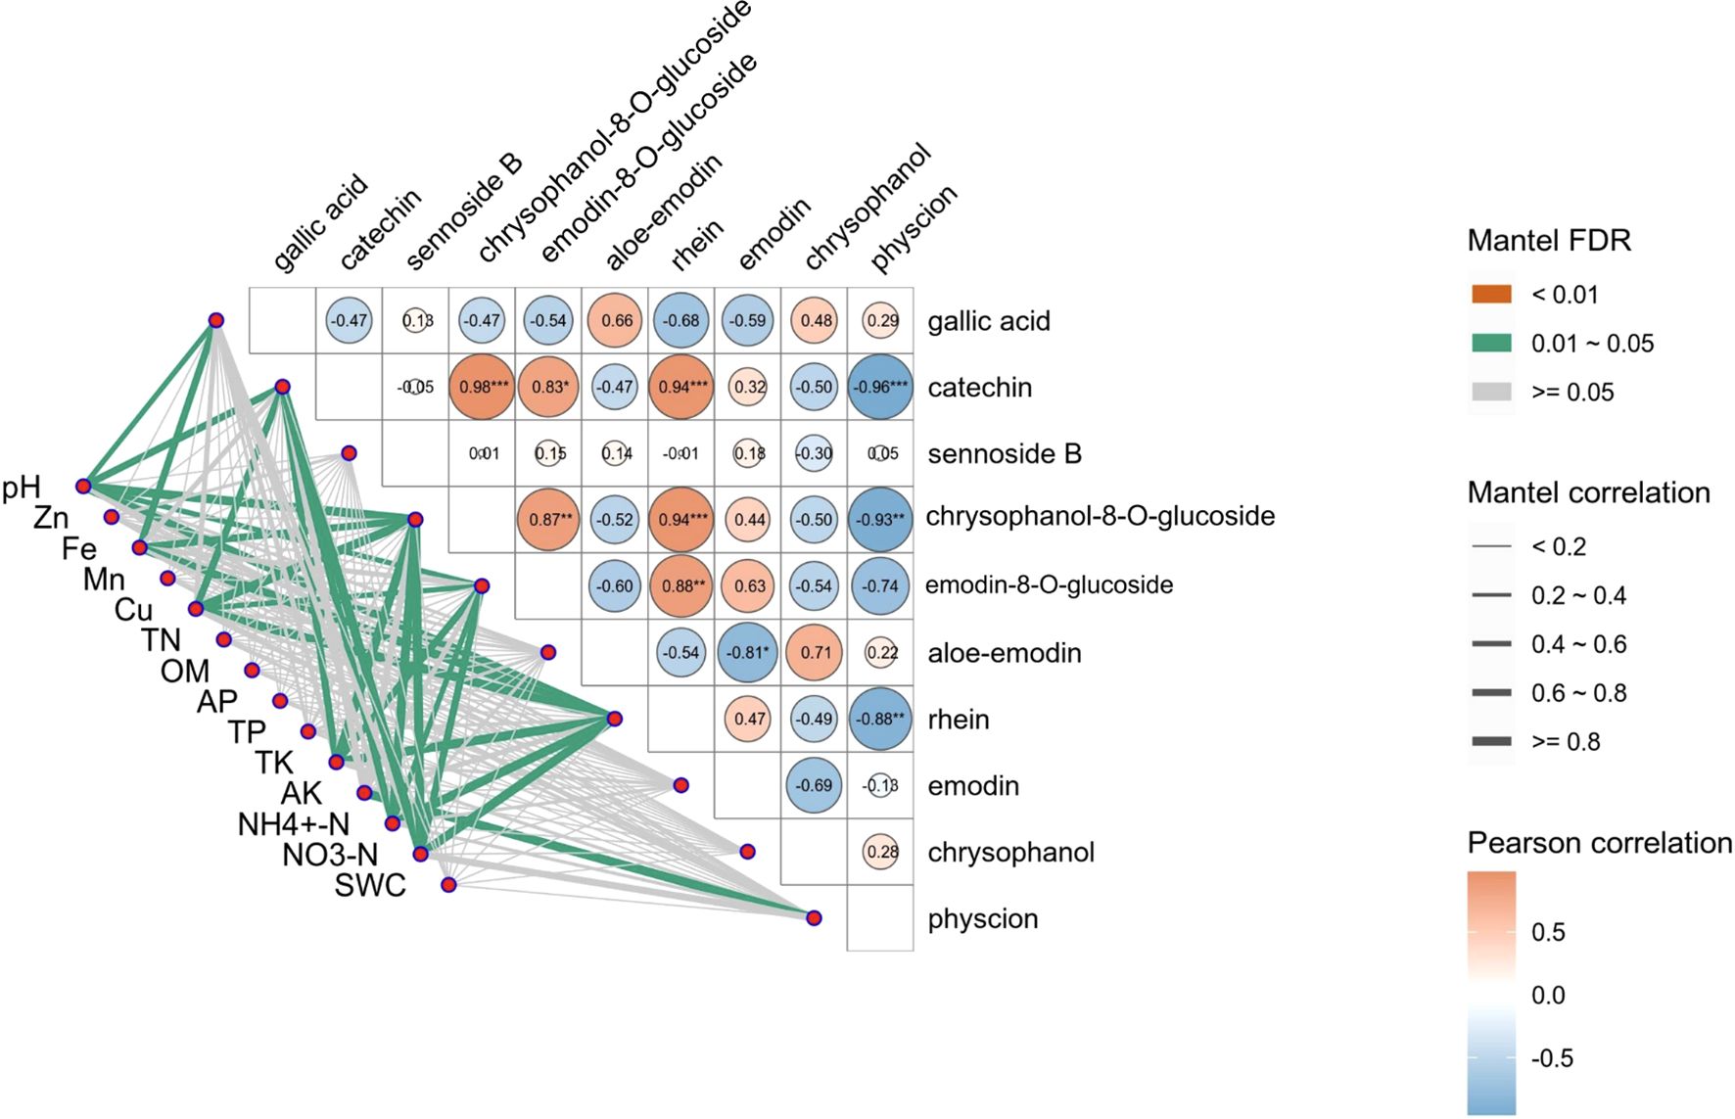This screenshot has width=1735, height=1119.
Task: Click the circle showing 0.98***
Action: coord(483,387)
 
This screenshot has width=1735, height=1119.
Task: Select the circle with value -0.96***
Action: coord(880,387)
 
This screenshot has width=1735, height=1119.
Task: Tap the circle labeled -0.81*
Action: coord(748,652)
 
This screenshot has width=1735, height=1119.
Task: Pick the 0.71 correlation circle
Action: coord(815,652)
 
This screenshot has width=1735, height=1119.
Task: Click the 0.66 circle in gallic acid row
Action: coord(616,320)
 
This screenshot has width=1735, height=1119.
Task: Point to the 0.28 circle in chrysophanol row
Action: coord(881,852)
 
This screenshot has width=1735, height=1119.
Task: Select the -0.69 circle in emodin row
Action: coord(815,785)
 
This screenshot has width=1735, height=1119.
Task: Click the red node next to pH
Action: coord(83,486)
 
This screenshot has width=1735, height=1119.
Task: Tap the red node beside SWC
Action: coord(448,885)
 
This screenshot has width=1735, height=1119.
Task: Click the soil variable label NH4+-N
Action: coord(293,824)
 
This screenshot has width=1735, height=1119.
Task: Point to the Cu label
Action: coord(133,610)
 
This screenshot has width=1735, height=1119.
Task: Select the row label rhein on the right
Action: coord(958,720)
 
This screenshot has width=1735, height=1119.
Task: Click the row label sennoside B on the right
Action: coord(1004,454)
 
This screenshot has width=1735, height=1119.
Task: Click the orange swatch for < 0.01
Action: coord(1491,294)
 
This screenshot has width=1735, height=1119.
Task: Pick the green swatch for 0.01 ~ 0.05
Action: coord(1491,343)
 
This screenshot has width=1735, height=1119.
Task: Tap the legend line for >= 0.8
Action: coord(1491,741)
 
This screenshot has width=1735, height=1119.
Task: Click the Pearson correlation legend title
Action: coord(1599,843)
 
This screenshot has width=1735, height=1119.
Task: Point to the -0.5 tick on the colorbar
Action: coord(1552,1058)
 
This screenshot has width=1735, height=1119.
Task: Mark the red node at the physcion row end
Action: coord(814,917)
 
